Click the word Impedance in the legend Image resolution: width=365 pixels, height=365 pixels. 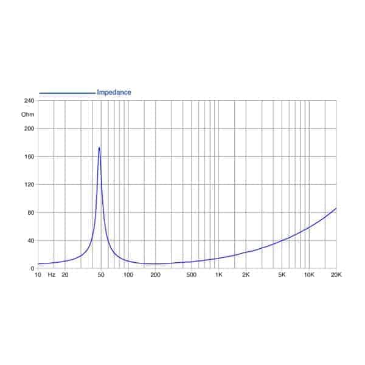[x=114, y=92]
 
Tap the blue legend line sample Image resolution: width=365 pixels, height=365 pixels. [x=67, y=93]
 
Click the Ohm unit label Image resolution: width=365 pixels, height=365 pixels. [x=28, y=114]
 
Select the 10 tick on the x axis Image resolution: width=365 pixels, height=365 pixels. [x=38, y=276]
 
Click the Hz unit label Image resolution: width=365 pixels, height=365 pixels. [x=52, y=276]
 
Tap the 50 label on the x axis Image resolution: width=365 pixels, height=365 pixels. [x=101, y=276]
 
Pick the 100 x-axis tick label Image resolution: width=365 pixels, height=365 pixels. [x=128, y=276]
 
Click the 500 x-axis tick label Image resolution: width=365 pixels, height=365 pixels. [x=191, y=276]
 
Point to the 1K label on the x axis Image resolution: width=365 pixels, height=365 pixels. [x=218, y=276]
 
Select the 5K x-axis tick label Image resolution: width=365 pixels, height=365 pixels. [x=282, y=276]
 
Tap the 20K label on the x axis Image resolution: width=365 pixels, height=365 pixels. [x=336, y=276]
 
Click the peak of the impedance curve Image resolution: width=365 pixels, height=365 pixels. [x=99, y=147]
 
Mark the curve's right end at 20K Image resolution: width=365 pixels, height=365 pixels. [x=336, y=208]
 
